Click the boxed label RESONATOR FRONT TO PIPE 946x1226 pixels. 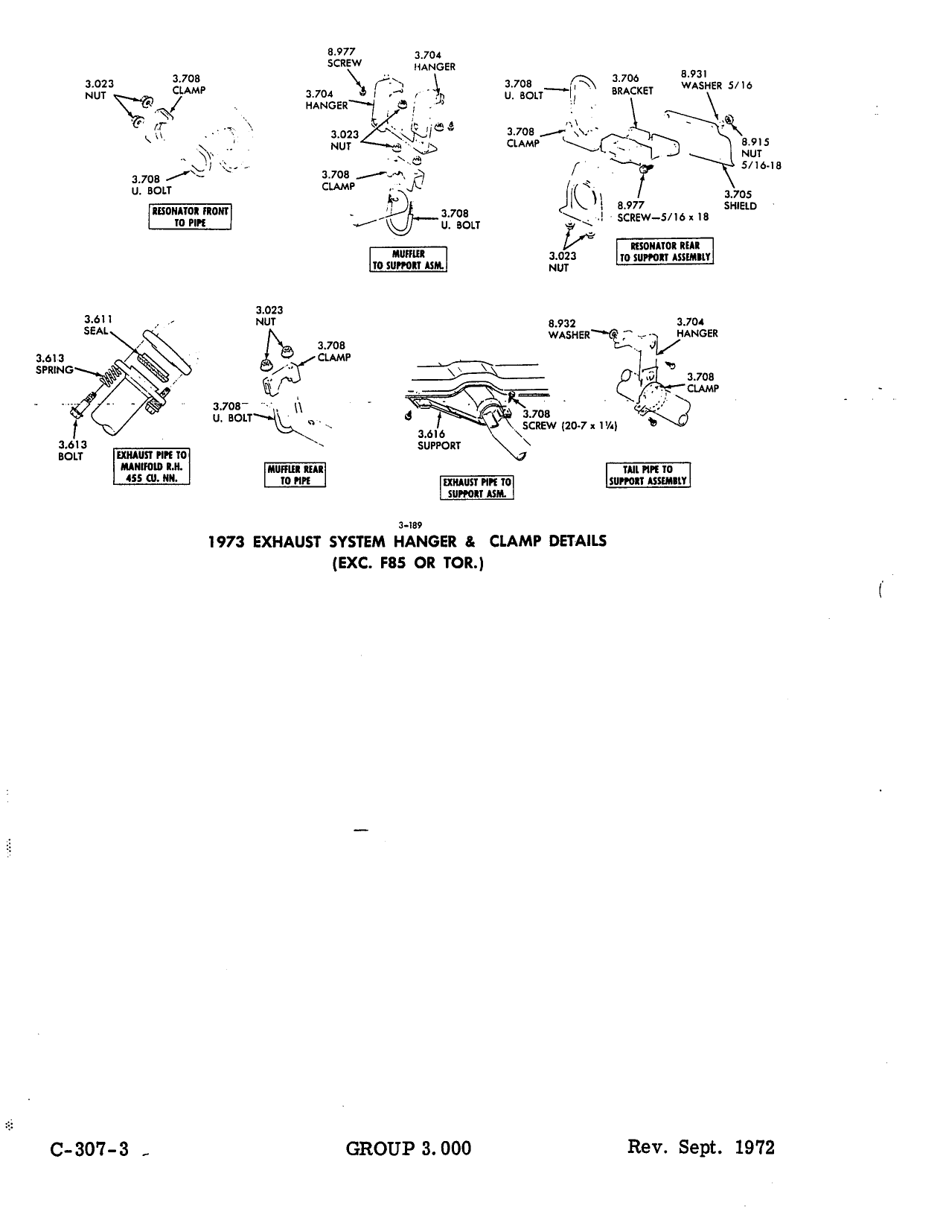coord(190,217)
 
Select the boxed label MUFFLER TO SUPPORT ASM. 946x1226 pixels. coord(408,259)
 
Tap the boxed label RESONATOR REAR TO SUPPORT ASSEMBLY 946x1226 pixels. coord(665,252)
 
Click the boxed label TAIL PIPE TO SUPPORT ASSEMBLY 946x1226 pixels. coord(648,475)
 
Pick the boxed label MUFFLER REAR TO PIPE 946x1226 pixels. coord(295,475)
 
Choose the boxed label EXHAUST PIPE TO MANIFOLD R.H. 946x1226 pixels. coord(152,466)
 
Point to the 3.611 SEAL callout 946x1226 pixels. coord(98,325)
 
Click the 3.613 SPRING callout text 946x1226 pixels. coord(54,364)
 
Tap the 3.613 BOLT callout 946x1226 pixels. coord(72,450)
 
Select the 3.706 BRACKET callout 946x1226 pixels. coord(632,85)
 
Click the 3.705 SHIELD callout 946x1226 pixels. coord(741,200)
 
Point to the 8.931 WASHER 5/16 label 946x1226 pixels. coord(717,80)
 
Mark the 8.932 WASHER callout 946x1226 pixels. coord(569,329)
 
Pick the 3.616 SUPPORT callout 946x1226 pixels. coord(438,439)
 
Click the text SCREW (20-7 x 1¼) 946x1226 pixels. coord(569,426)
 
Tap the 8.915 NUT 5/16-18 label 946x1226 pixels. coord(761,153)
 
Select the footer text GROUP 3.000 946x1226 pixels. coord(408,1149)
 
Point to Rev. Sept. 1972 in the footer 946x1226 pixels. coord(701,1147)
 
